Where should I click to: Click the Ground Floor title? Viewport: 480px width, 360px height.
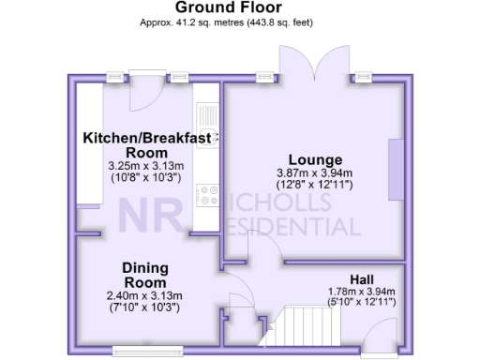239,7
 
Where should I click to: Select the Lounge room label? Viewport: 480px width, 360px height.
314,159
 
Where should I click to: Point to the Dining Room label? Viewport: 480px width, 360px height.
144,275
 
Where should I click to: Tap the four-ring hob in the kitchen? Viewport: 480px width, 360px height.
205,195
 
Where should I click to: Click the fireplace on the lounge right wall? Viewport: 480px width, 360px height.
397,169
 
